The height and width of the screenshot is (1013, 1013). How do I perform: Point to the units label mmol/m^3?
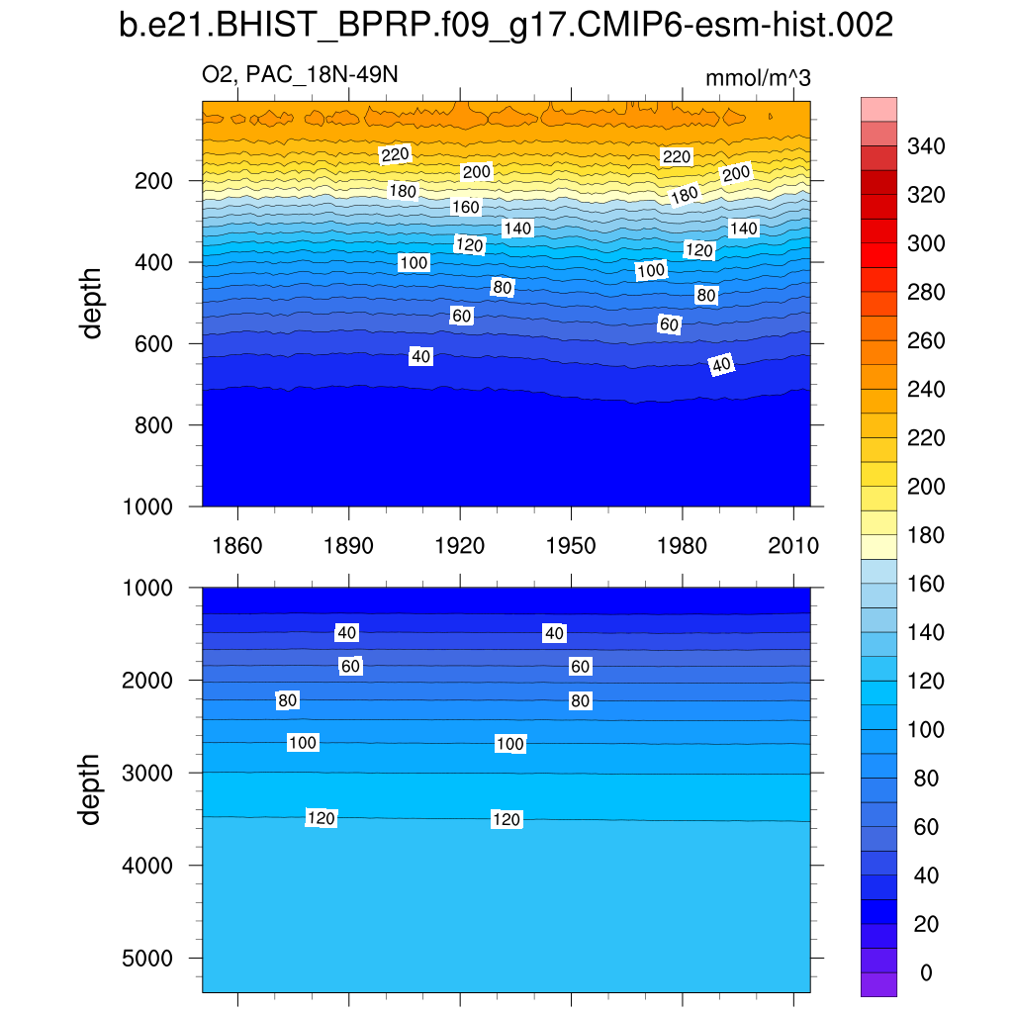[758, 78]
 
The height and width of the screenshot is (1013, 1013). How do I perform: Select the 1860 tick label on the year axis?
[237, 546]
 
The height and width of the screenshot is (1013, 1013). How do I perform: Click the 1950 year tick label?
[571, 546]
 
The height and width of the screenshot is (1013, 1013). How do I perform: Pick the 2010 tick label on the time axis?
[793, 546]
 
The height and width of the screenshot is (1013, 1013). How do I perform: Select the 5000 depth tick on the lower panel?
[149, 959]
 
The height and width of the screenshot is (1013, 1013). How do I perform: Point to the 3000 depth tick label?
[149, 773]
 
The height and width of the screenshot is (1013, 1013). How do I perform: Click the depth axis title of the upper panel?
[92, 302]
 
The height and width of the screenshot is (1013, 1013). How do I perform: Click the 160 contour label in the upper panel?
[465, 208]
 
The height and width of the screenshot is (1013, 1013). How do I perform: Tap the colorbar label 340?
[926, 147]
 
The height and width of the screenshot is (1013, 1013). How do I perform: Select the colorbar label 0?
[926, 973]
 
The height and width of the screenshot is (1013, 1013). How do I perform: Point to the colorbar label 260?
[926, 341]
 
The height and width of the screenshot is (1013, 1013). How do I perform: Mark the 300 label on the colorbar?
[926, 244]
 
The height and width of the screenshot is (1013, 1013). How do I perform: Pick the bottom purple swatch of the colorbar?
[878, 983]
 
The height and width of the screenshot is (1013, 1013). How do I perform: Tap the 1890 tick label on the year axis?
[349, 546]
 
